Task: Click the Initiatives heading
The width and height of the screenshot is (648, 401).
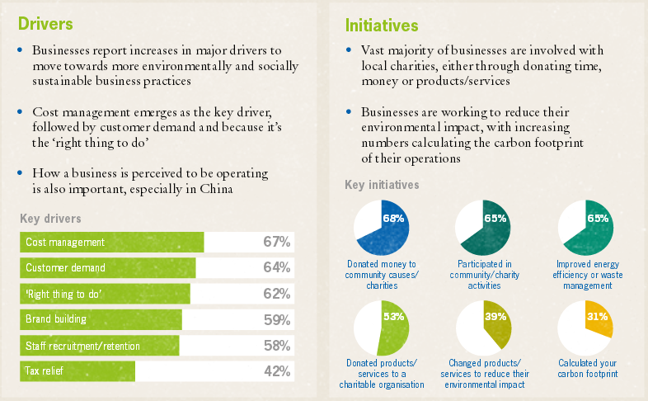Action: click(x=382, y=26)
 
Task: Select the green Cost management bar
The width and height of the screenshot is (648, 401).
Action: click(x=112, y=242)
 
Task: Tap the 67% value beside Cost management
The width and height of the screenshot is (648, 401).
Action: click(x=276, y=242)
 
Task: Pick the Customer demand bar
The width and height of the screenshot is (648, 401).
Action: click(x=108, y=267)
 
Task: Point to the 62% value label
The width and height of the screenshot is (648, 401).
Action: click(x=276, y=294)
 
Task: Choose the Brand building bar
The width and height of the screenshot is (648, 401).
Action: click(x=101, y=319)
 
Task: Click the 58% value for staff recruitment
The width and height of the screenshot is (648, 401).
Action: click(x=276, y=346)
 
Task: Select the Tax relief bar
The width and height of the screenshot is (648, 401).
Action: click(x=77, y=371)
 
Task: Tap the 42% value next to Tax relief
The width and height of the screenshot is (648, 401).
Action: click(x=276, y=371)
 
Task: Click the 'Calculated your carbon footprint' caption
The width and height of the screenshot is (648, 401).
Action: click(x=587, y=368)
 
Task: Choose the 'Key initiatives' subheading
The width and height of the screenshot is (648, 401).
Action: click(x=382, y=185)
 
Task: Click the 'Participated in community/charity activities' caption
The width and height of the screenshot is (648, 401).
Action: click(x=484, y=275)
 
